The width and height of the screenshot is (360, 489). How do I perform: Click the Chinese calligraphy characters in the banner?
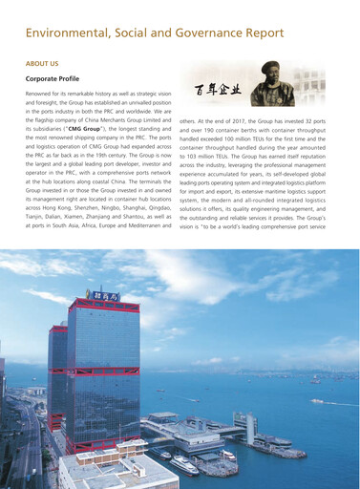pyautogui.click(x=218, y=94)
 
